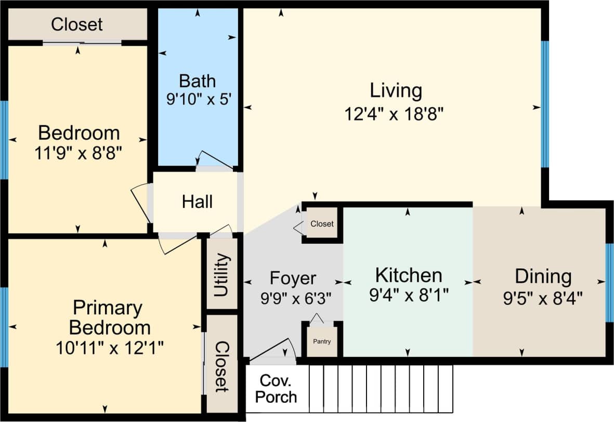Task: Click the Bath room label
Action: (197, 81)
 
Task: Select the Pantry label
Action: (321, 341)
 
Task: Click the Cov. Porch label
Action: (276, 388)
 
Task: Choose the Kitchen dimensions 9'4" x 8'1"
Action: (408, 296)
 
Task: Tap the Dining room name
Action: (543, 275)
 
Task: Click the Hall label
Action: (197, 202)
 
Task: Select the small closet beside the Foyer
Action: (322, 224)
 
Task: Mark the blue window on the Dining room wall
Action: (609, 282)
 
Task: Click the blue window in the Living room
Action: (544, 104)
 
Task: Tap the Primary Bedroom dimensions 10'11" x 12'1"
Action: (110, 347)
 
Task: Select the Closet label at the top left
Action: (77, 24)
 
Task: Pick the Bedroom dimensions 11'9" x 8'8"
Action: (79, 153)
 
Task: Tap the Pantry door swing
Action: (317, 318)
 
